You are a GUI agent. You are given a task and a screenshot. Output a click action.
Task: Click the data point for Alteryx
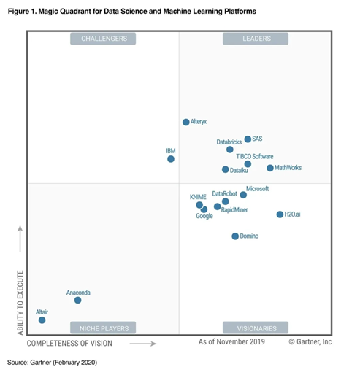click(x=185, y=123)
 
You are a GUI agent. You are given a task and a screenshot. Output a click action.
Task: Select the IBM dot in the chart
click(x=171, y=159)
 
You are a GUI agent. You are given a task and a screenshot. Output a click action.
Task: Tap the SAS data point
click(x=248, y=139)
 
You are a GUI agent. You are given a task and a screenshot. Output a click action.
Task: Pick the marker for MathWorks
click(x=270, y=169)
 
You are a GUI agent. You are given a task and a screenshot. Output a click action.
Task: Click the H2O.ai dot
click(x=280, y=214)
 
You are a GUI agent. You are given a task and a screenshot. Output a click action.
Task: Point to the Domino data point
click(x=235, y=236)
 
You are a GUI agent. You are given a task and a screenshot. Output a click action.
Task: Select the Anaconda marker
click(x=77, y=300)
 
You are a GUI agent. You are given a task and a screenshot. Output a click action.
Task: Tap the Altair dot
click(x=42, y=320)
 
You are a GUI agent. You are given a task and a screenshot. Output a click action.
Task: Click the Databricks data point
click(x=230, y=150)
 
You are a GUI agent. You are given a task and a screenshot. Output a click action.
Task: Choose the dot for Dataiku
click(x=225, y=170)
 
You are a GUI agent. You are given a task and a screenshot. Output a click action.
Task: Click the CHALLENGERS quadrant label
click(x=103, y=39)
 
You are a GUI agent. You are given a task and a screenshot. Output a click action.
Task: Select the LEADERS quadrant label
click(x=256, y=39)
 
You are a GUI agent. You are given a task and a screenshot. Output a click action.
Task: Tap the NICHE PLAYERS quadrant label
click(x=103, y=328)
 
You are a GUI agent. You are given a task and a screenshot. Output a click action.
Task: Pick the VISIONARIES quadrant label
click(x=256, y=328)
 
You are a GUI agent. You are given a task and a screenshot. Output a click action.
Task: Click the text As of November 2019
click(x=231, y=341)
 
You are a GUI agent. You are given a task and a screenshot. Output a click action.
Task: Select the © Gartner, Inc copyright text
click(x=310, y=341)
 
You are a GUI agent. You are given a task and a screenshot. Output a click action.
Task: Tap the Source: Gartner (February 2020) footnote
click(x=52, y=362)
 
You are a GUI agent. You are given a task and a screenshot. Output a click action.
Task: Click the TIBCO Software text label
click(x=254, y=157)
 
